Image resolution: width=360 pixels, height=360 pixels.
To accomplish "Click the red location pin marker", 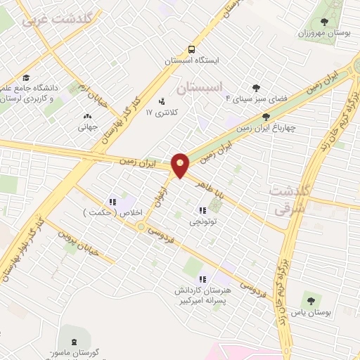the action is [x=181, y=165].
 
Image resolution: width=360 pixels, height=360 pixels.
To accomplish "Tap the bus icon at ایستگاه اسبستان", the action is [x=192, y=49].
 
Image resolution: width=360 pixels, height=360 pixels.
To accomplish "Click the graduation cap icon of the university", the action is [x=26, y=77].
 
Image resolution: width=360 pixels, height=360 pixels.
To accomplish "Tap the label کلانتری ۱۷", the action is [x=158, y=112].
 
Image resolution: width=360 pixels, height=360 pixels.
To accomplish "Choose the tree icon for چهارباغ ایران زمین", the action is [x=265, y=117].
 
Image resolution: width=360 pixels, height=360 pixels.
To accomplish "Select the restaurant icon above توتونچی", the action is [x=202, y=210].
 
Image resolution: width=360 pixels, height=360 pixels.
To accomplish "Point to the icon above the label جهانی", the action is [x=87, y=117].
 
